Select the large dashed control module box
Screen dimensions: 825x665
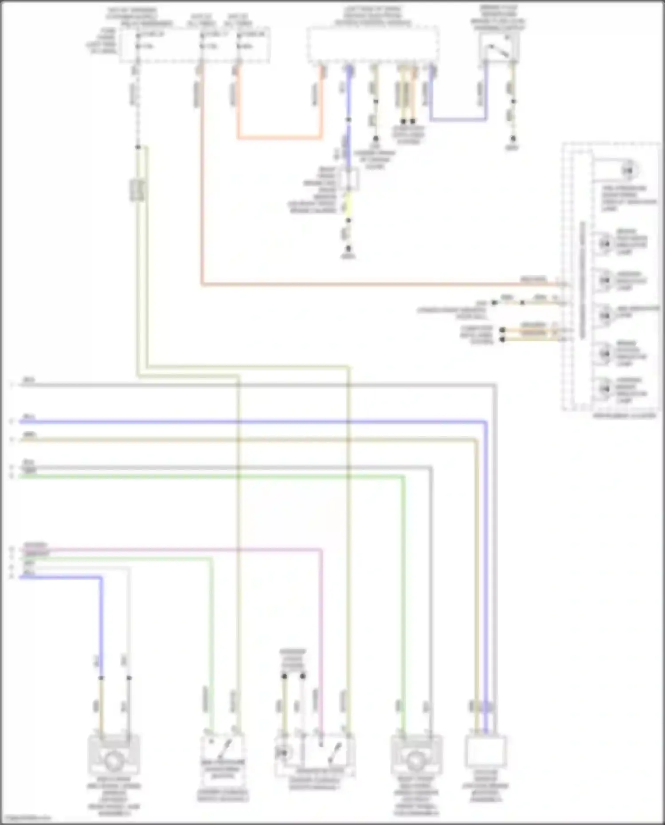(x=373, y=44)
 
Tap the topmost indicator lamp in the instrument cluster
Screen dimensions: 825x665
(x=628, y=171)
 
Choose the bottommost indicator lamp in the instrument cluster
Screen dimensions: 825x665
(x=605, y=389)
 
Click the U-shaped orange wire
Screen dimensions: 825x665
(x=279, y=138)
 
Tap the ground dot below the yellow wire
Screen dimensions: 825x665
(x=348, y=249)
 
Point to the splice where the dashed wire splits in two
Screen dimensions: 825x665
(x=138, y=147)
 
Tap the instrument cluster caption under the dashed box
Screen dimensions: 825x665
(x=624, y=416)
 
